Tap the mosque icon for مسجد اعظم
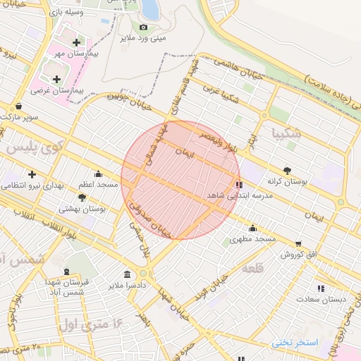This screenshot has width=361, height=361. (98, 173)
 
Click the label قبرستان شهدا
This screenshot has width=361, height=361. (86, 282)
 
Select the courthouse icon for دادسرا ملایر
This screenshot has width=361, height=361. (127, 274)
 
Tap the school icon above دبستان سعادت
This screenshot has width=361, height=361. (322, 288)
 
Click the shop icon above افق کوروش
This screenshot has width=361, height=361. (298, 243)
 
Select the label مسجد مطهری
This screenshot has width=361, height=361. (251, 240)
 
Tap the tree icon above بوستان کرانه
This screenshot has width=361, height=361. (287, 170)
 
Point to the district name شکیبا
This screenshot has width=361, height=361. (286, 133)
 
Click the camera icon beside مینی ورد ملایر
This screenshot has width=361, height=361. (144, 27)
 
